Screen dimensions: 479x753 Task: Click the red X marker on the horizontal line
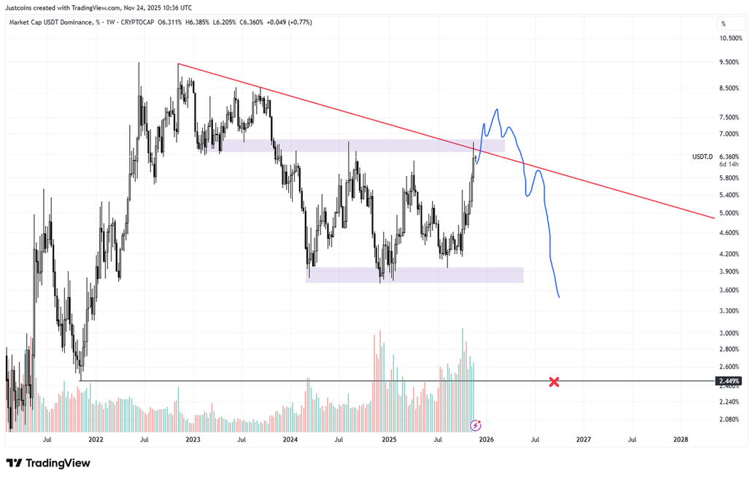click(x=554, y=381)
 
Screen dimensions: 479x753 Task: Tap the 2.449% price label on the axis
click(x=730, y=381)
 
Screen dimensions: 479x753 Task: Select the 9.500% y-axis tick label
click(x=730, y=63)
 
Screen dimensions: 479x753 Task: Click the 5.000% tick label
click(x=730, y=213)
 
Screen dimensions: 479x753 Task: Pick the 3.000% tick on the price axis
click(x=730, y=333)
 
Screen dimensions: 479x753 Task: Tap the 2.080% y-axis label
click(x=730, y=419)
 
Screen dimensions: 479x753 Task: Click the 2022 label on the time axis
click(x=96, y=440)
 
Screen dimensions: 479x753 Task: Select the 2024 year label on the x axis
click(x=290, y=440)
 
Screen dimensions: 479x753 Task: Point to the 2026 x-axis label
click(x=486, y=440)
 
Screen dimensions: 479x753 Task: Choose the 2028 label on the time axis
click(x=680, y=440)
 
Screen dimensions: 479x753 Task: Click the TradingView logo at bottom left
click(x=48, y=463)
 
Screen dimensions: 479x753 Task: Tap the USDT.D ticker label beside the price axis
click(x=703, y=156)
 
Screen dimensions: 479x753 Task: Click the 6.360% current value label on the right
click(x=730, y=156)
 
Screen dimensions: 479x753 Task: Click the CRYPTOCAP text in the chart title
click(x=139, y=23)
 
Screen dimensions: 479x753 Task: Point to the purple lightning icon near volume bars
click(x=476, y=424)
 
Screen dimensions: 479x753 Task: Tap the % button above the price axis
click(x=723, y=23)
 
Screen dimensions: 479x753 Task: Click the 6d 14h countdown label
click(x=730, y=164)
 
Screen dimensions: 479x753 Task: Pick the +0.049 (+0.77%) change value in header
click(x=287, y=23)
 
